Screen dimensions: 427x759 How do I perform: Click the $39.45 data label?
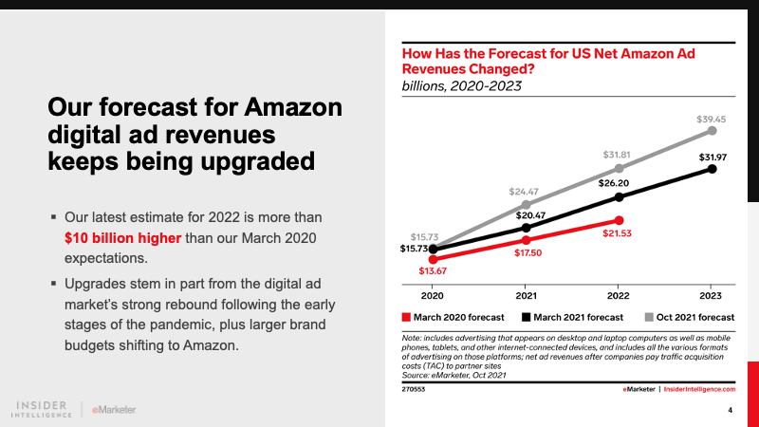tap(712, 120)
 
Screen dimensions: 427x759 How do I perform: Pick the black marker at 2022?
tap(619, 197)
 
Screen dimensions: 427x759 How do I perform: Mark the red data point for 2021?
tap(526, 240)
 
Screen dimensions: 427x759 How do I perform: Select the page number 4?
tap(730, 410)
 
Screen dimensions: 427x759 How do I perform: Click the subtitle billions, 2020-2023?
tap(463, 86)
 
